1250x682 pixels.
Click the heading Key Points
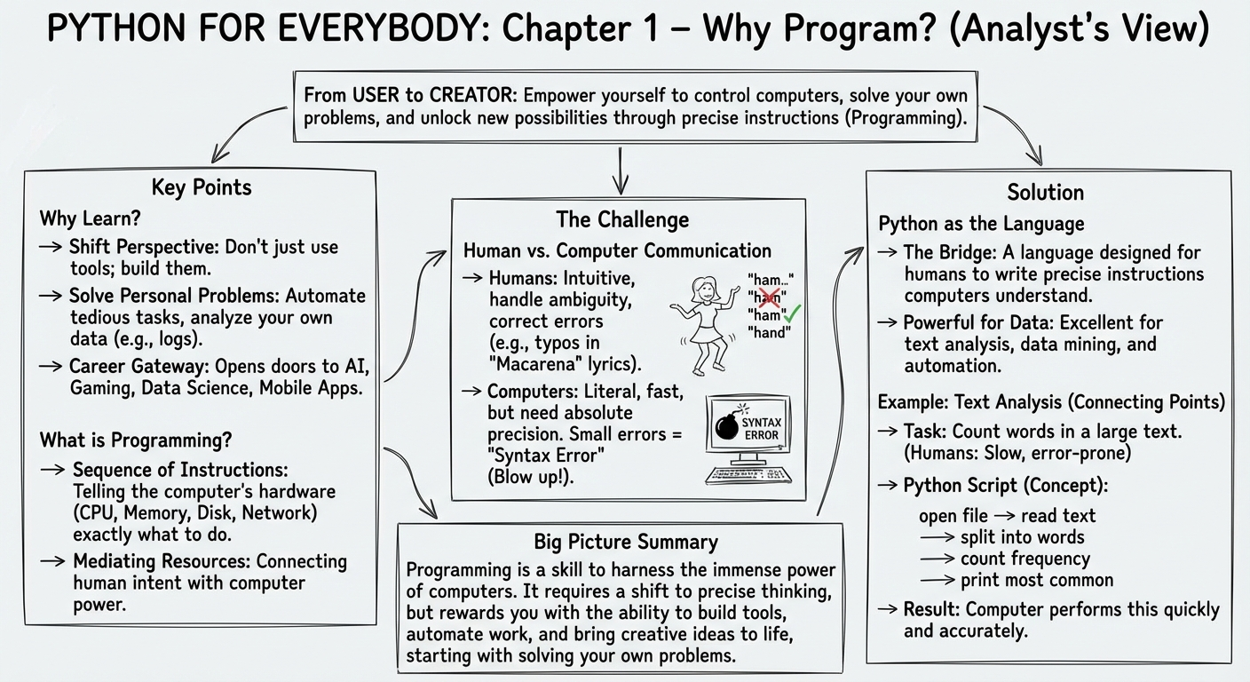(x=202, y=187)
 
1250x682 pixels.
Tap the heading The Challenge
(x=622, y=219)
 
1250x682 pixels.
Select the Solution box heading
(x=1045, y=193)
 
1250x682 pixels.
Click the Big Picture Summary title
(x=626, y=542)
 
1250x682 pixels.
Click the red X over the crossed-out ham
(x=771, y=297)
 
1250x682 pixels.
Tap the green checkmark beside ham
(x=793, y=313)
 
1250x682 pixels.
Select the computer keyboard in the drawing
(x=748, y=475)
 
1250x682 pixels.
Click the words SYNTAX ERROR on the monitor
(x=761, y=429)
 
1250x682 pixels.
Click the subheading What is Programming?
(x=136, y=440)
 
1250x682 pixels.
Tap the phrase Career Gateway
(x=139, y=367)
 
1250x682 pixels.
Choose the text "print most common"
(x=1037, y=581)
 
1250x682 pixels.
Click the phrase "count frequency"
(x=1025, y=559)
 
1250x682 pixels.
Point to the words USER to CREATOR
(x=433, y=95)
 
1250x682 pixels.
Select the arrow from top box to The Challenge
(x=620, y=170)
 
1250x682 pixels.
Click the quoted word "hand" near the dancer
(x=769, y=333)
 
